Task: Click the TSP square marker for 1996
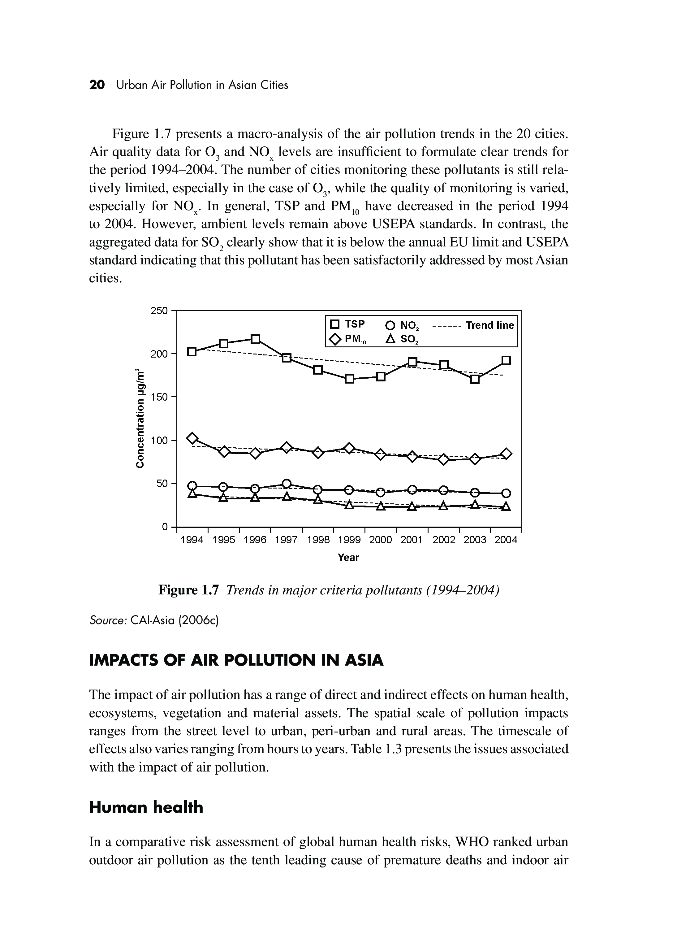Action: coord(255,339)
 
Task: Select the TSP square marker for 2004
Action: coord(506,360)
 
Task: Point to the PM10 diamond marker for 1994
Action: coord(192,438)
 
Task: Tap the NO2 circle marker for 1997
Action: coord(287,484)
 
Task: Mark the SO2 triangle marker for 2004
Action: coord(506,507)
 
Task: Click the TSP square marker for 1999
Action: coord(349,379)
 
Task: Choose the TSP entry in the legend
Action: coord(348,324)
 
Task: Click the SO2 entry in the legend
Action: coord(403,340)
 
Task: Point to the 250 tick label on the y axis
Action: coord(159,311)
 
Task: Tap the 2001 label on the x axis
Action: coord(412,540)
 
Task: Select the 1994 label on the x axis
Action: coord(192,540)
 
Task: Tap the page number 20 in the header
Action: coord(97,85)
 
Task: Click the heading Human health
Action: coord(146,807)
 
